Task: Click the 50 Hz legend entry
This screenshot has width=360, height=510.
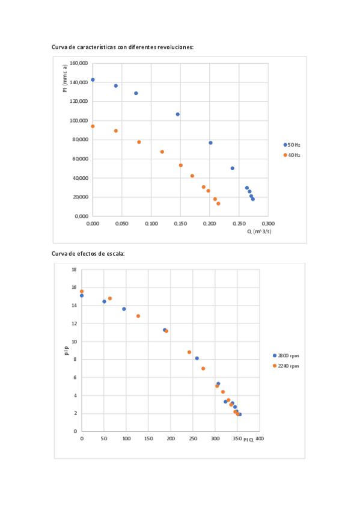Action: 293,144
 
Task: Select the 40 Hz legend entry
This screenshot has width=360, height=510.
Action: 293,155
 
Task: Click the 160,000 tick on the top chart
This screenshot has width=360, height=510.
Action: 79,63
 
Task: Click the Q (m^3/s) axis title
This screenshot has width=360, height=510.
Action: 258,231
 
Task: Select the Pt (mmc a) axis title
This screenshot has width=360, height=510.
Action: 65,78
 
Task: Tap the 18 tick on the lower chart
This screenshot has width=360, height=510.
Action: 74,269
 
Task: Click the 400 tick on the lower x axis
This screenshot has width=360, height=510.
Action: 260,439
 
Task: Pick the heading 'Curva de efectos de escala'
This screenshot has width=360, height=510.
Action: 90,254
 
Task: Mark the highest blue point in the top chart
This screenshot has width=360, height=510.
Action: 93,79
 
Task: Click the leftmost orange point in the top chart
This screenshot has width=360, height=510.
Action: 93,126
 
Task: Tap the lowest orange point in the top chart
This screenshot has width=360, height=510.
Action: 218,203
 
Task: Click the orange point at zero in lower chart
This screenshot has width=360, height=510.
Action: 82,291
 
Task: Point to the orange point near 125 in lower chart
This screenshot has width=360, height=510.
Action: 138,316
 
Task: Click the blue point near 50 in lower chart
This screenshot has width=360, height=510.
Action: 104,301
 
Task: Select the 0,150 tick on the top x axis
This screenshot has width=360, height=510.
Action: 180,223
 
